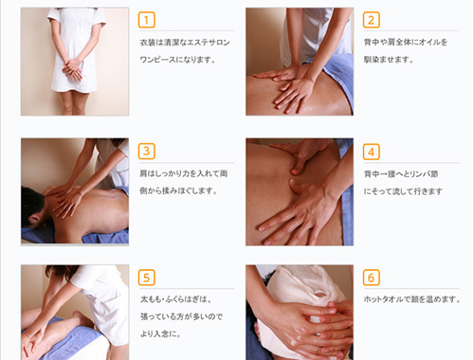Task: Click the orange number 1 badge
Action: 146,20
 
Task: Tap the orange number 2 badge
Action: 371,20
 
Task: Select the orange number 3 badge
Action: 146,152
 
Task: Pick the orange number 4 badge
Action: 371,152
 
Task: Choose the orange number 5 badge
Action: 146,278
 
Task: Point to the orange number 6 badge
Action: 371,278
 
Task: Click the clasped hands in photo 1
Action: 73,69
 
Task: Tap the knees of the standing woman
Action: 71,101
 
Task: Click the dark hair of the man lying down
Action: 31,204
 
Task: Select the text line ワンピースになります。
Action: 178,60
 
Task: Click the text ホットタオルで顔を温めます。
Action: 412,299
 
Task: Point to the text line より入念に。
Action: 160,333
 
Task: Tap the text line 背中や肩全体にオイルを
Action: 406,42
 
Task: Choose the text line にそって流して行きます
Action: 403,191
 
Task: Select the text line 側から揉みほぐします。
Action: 178,190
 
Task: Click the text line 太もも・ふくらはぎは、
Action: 175,299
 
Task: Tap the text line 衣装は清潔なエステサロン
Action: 185,43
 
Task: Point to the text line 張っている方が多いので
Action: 181,316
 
